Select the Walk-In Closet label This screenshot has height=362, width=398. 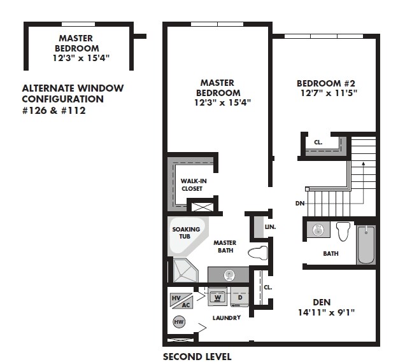pos(194,184)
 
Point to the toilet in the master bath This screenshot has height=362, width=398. pos(259,253)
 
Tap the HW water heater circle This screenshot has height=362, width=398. pos(179,322)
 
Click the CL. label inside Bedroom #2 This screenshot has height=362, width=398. pos(318,142)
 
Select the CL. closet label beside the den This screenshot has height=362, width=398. pos(267,287)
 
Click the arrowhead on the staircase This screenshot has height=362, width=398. pos(362,164)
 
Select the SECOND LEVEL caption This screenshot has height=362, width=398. pos(197,356)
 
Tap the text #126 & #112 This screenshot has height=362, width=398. pos(53,110)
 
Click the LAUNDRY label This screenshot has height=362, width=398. pos(227,318)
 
